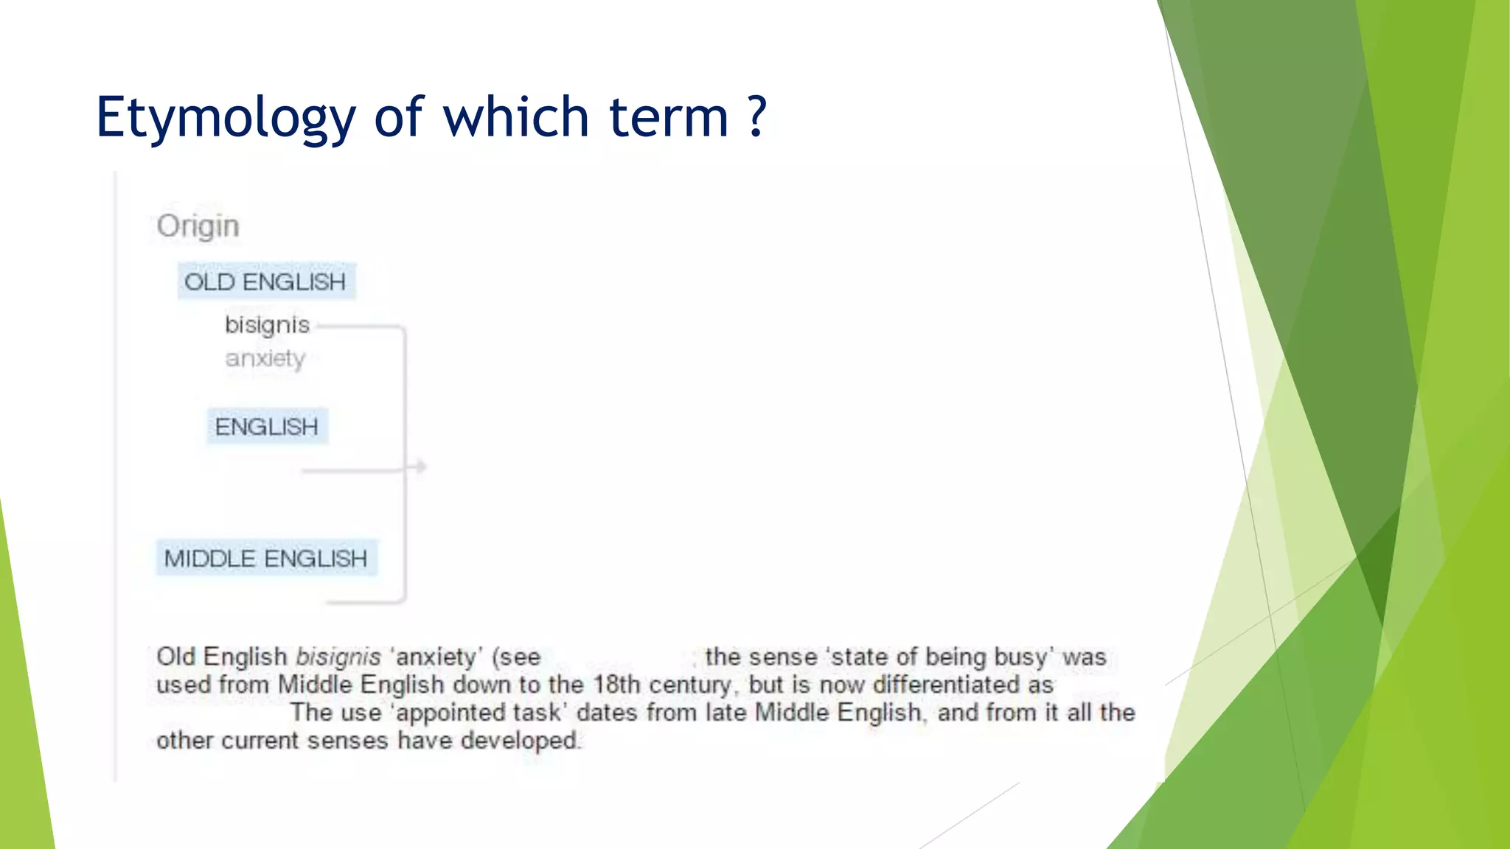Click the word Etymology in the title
pyautogui.click(x=226, y=118)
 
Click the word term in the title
pyautogui.click(x=669, y=118)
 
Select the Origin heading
pyautogui.click(x=198, y=226)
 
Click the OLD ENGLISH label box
pyautogui.click(x=265, y=282)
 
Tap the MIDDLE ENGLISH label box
pyautogui.click(x=265, y=559)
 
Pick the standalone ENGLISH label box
pyautogui.click(x=266, y=427)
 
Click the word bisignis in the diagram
pyautogui.click(x=267, y=325)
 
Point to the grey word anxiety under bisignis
pyautogui.click(x=265, y=359)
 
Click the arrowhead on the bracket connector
pyautogui.click(x=420, y=467)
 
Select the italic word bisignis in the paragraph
pyautogui.click(x=338, y=657)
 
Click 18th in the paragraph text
pyautogui.click(x=616, y=685)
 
